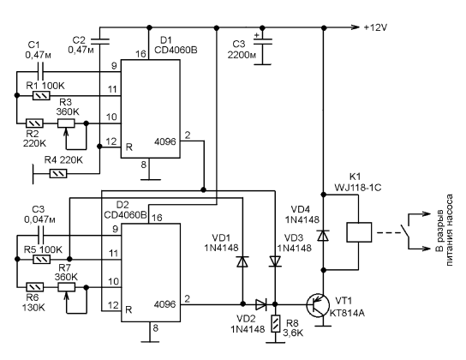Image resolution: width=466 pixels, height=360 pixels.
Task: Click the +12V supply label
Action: (x=376, y=27)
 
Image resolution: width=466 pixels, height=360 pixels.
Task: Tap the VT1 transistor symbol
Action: (x=318, y=305)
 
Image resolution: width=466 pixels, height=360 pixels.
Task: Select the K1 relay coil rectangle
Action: (x=359, y=232)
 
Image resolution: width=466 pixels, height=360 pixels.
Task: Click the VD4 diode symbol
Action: (x=323, y=235)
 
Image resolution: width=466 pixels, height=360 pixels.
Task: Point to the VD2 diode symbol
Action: (x=261, y=304)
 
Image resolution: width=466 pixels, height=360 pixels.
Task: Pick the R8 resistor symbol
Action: (x=276, y=323)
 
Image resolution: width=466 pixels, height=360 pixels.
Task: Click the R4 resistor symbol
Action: (x=58, y=173)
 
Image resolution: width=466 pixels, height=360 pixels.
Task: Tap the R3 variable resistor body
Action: (x=66, y=123)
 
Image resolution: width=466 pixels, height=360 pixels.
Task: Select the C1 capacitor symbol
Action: (x=40, y=72)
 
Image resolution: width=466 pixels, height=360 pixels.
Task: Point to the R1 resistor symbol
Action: (x=41, y=96)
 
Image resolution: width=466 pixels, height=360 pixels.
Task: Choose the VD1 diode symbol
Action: (x=242, y=261)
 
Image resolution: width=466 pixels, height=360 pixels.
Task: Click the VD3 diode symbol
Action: (x=275, y=261)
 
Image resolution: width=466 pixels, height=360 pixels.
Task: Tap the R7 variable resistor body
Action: (x=66, y=287)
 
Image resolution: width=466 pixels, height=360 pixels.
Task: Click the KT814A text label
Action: (x=347, y=313)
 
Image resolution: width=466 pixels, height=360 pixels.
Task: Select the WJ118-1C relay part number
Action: (x=358, y=188)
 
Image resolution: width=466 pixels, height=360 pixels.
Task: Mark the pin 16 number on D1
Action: (x=140, y=54)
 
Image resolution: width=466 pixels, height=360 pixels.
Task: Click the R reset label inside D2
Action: (x=128, y=309)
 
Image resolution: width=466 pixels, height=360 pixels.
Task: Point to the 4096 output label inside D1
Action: (x=165, y=141)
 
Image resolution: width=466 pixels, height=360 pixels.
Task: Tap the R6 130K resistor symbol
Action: (x=35, y=287)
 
